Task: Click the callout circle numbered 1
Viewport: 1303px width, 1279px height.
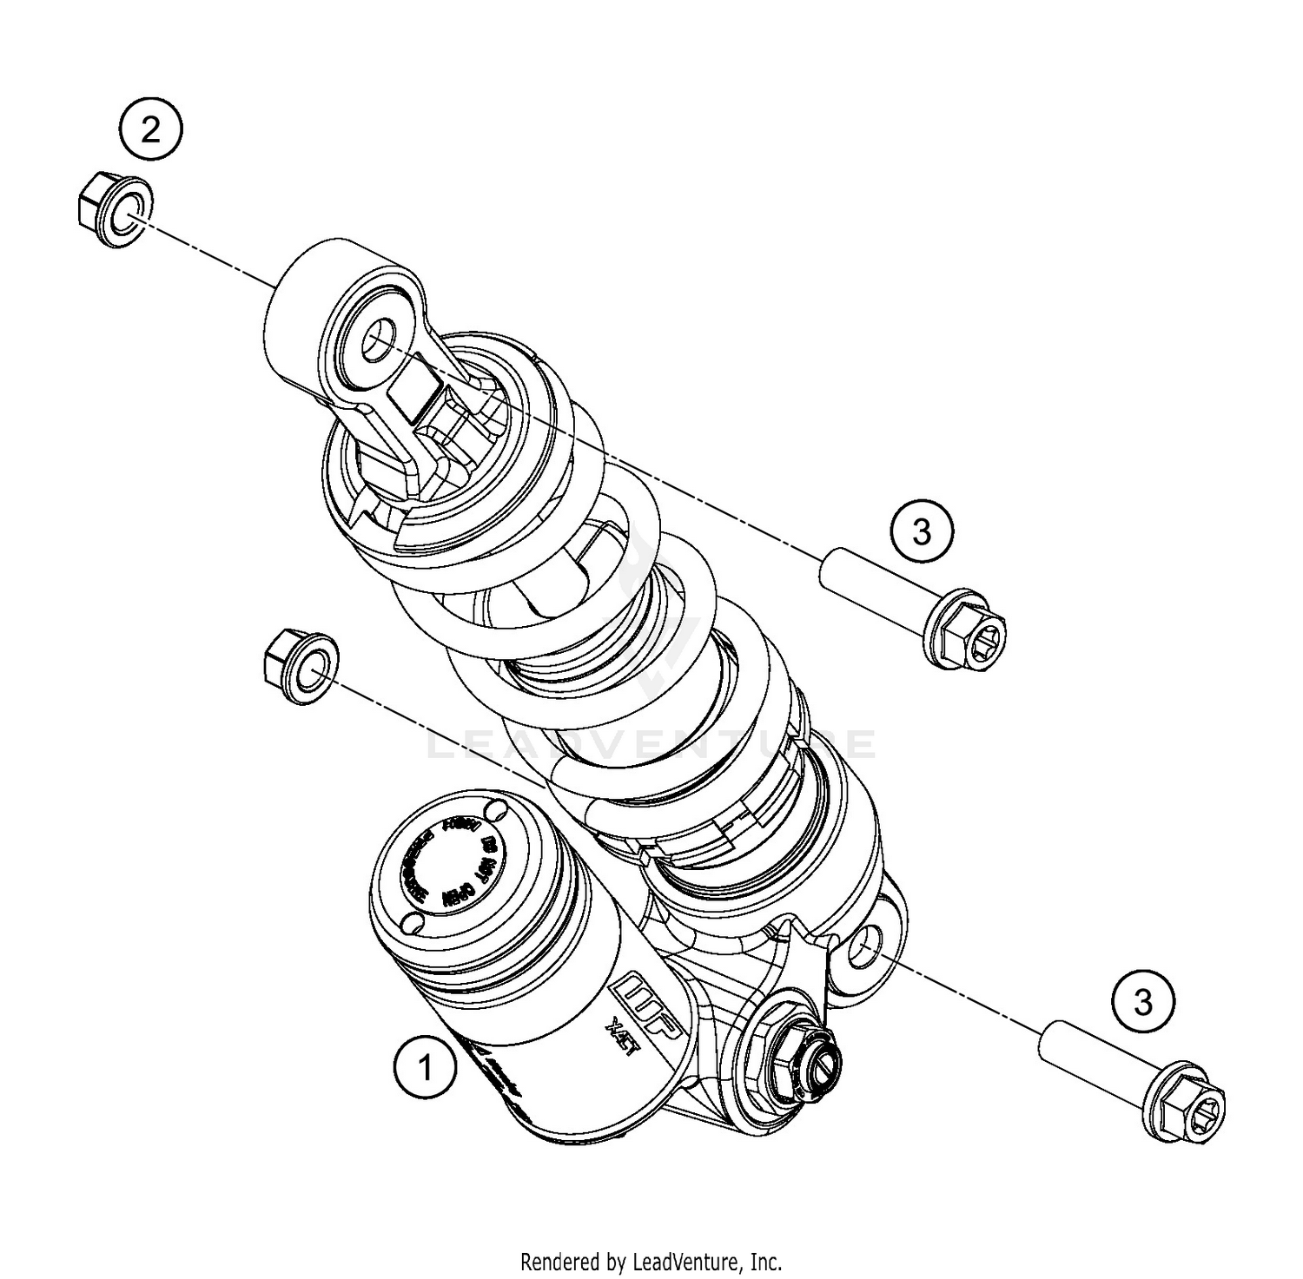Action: [x=425, y=1067]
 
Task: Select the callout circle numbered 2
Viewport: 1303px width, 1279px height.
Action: [x=151, y=131]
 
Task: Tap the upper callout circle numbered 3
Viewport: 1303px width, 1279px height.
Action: [x=922, y=530]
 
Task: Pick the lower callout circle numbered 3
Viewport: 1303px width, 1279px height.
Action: [x=1143, y=1002]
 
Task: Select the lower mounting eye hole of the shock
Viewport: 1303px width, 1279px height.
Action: [x=862, y=946]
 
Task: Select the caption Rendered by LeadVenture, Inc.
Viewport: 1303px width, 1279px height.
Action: [x=651, y=1260]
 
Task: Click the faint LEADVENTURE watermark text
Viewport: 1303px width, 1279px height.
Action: [x=651, y=744]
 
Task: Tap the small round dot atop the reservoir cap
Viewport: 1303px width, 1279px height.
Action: [x=497, y=811]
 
